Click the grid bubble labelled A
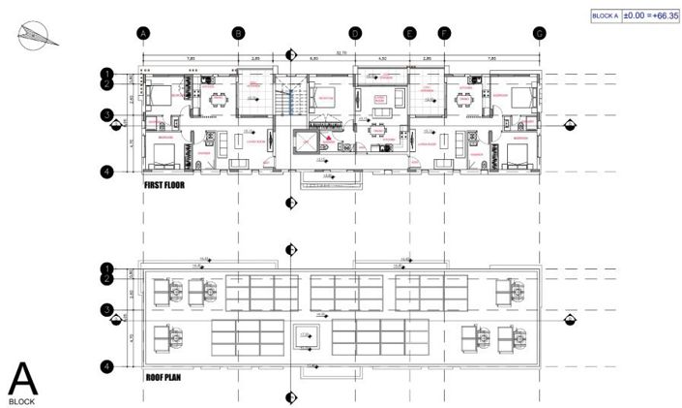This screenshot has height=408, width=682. (143, 33)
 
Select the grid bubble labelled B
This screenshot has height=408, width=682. (238, 33)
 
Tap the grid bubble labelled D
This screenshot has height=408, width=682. (354, 33)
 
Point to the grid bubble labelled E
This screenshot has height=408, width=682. (410, 33)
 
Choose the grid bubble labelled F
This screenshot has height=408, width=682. (445, 33)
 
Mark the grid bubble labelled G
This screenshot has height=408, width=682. (539, 33)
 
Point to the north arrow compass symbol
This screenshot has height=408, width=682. (31, 36)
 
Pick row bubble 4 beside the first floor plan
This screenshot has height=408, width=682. (107, 172)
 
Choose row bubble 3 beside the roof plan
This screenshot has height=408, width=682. (107, 310)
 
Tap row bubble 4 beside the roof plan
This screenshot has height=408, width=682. (107, 366)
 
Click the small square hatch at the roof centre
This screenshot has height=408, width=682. (307, 335)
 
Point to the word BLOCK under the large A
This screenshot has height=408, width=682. (22, 399)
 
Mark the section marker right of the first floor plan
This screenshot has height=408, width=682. (570, 124)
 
